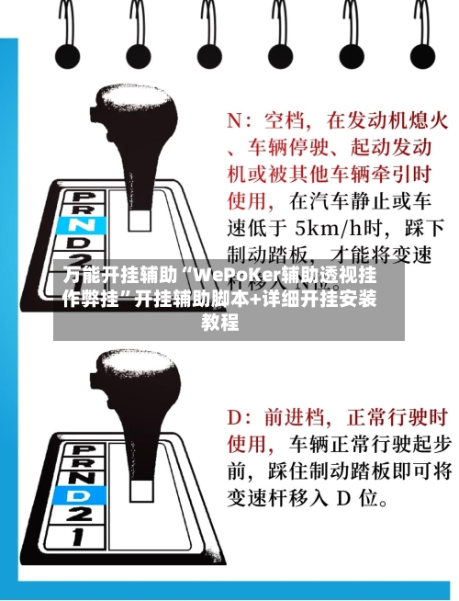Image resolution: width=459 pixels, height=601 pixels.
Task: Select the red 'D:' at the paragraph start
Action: click(241, 417)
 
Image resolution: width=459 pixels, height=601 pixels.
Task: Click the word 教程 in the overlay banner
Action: click(220, 323)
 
